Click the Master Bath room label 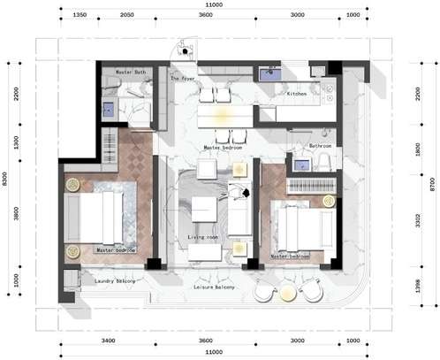pyautogui.click(x=131, y=72)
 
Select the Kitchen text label pyautogui.click(x=296, y=93)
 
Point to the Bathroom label pyautogui.click(x=320, y=146)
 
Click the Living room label pyautogui.click(x=203, y=238)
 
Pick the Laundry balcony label pyautogui.click(x=116, y=281)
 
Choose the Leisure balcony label pyautogui.click(x=215, y=288)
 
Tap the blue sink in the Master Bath pyautogui.click(x=108, y=111)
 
